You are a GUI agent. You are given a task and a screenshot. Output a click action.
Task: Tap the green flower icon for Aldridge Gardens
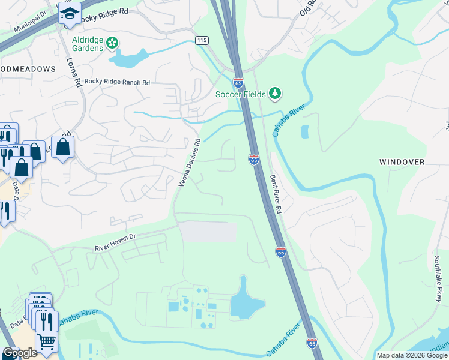coord(112,43)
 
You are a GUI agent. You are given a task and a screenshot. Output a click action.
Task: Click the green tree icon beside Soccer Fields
coord(275,93)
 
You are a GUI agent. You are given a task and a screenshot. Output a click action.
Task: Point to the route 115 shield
coord(201,40)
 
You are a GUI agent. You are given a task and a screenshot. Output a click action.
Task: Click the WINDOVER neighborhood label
coord(402,162)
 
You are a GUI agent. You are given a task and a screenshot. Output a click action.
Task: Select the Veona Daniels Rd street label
coord(189,163)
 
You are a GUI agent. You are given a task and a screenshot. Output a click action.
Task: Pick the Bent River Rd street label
coord(276,194)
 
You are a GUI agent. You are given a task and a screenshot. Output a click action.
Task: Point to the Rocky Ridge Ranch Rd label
coord(117,82)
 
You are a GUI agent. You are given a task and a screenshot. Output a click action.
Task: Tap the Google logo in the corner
coord(20,353)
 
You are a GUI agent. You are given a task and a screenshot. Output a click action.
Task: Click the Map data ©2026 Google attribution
coord(412,355)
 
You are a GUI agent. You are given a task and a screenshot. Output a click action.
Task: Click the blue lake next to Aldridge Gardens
coord(128,58)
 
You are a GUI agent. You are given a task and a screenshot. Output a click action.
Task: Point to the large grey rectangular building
coord(209,232)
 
